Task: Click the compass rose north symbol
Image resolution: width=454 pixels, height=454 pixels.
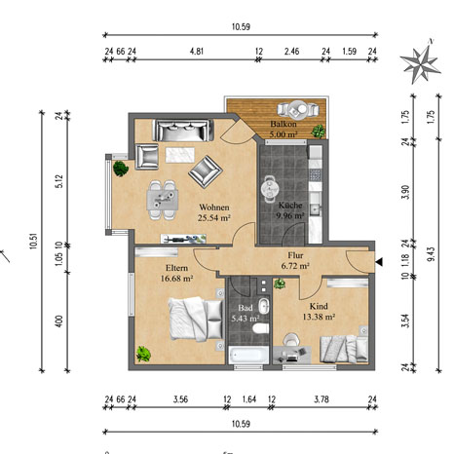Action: coord(420,62)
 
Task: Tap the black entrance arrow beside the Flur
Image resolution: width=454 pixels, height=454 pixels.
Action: coord(379,262)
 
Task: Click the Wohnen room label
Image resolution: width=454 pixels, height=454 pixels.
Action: coord(214,208)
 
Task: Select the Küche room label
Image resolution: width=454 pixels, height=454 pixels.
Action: coord(290,206)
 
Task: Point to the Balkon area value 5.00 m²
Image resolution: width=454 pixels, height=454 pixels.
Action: coord(284,134)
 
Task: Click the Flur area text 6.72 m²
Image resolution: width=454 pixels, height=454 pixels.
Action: coord(295,266)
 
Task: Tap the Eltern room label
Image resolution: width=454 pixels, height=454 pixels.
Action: coord(176,268)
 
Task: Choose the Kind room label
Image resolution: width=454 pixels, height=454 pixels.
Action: coord(319,306)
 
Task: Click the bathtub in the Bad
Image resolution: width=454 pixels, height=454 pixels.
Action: coord(248,355)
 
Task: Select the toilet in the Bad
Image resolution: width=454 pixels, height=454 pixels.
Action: coord(261,328)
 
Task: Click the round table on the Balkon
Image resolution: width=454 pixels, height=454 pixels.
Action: coord(297,109)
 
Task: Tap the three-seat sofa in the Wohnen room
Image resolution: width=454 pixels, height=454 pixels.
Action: coord(183,131)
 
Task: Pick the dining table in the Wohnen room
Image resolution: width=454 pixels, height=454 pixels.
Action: coord(163,200)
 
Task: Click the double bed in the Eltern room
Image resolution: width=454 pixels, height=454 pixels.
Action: coord(197,320)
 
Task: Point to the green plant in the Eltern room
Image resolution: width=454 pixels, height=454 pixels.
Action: coord(143,354)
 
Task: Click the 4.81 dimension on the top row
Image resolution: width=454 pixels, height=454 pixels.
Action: coord(197,52)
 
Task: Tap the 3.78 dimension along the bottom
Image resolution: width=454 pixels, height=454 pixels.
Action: coord(322,399)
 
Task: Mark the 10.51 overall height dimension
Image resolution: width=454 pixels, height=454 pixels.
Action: coord(34,242)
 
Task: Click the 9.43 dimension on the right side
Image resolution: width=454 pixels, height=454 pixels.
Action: coord(432,254)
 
